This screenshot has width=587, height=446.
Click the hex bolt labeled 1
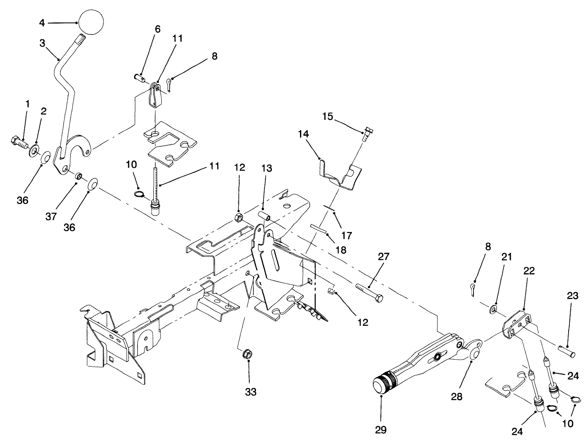tap(18, 144)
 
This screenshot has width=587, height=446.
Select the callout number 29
tap(380, 430)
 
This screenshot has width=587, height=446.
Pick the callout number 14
tap(303, 134)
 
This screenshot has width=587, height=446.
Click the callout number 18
tap(341, 250)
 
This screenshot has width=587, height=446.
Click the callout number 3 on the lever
tap(43, 43)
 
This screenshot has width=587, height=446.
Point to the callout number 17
tap(347, 235)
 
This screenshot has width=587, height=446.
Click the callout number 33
tap(251, 392)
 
